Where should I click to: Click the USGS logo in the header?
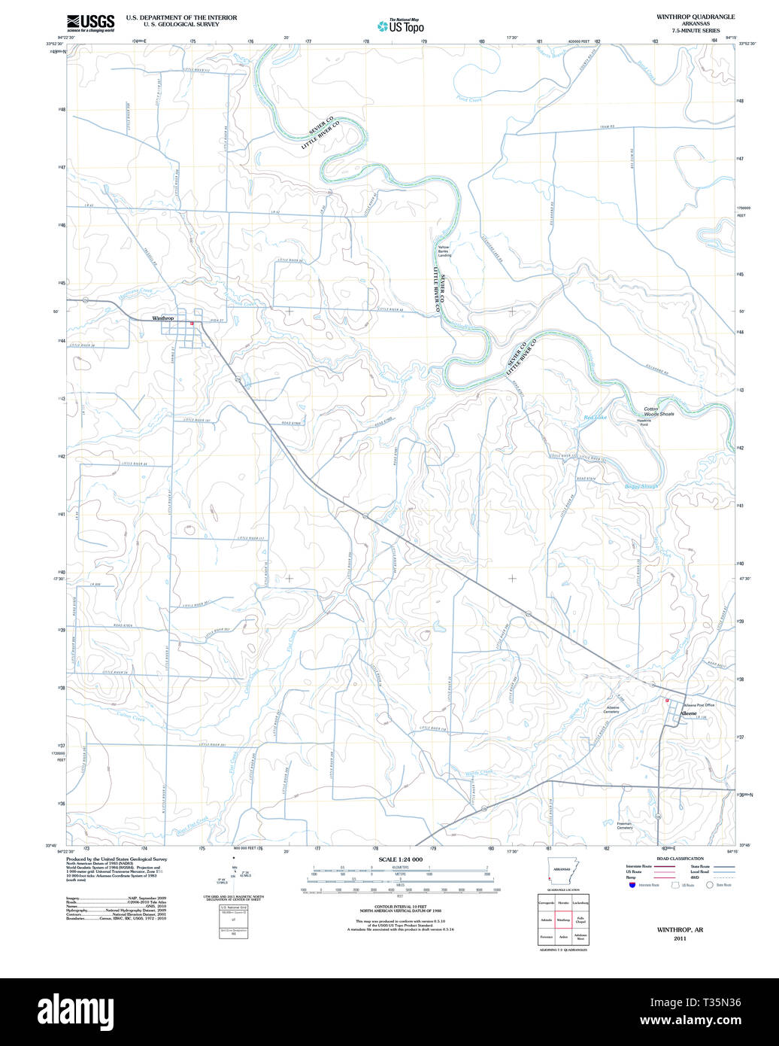coord(90,22)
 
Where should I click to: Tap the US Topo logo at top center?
coord(401,26)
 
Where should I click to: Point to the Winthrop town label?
coord(162,318)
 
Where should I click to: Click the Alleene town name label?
coord(688,713)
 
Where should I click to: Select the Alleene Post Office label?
coord(699,705)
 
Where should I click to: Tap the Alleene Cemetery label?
coord(611,710)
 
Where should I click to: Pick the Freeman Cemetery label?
coord(624,826)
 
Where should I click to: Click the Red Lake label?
coord(595,417)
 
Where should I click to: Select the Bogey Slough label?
coord(641,486)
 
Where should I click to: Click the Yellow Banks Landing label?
coord(444,251)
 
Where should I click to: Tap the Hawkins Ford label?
coord(643,422)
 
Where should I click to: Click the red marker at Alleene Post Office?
coord(666,701)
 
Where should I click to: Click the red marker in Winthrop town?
coord(192,324)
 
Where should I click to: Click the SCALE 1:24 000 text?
coord(400,859)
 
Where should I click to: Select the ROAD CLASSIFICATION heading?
coord(680,859)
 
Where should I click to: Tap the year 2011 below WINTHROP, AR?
coord(680,938)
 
